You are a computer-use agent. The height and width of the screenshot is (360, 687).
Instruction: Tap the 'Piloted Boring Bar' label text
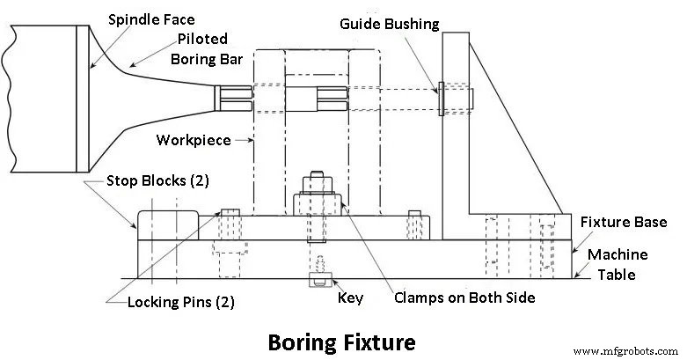pos(203,49)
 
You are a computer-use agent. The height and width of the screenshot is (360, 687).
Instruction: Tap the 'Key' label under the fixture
pos(351,298)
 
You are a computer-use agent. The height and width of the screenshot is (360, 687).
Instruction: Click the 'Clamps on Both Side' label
pos(465,298)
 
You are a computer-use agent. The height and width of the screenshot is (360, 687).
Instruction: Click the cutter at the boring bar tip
pos(230,98)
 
